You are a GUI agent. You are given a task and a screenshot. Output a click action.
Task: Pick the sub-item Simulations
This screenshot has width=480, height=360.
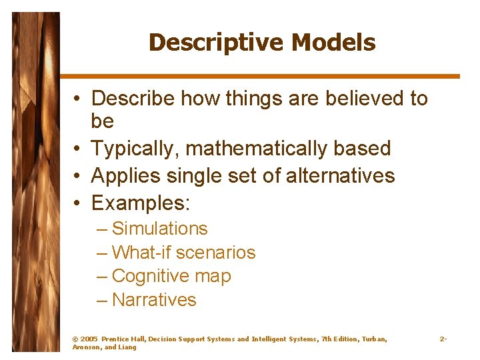[159, 229]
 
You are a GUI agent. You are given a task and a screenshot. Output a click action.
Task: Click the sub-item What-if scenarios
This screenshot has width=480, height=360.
[183, 253]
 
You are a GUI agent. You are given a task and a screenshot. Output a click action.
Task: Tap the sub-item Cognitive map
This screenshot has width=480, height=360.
[171, 276]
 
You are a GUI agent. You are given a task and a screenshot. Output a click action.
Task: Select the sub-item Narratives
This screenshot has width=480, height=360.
[154, 300]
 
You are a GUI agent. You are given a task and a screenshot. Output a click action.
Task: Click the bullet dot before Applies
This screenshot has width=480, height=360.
[78, 177]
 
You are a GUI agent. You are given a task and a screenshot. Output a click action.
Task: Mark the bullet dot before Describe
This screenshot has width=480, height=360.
[78, 99]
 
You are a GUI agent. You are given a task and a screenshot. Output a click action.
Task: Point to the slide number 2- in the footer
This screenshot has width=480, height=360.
[443, 339]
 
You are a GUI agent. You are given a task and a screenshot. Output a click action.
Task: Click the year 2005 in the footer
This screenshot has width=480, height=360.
[88, 339]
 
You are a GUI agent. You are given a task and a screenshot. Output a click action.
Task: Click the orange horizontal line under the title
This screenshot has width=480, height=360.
[260, 77]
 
